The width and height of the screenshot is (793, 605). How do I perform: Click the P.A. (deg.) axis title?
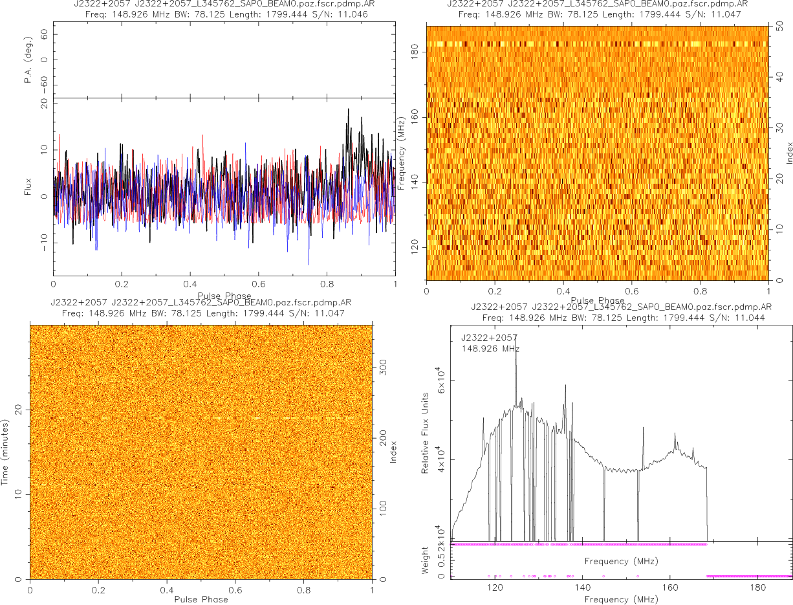tap(28, 60)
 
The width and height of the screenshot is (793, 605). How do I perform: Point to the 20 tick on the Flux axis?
tap(44, 103)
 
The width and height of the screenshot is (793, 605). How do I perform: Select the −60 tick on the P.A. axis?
tap(44, 85)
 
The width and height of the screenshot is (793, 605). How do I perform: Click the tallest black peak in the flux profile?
tap(348, 109)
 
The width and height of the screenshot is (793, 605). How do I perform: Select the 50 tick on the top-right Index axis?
tap(780, 28)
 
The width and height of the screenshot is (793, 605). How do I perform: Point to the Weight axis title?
tap(426, 560)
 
